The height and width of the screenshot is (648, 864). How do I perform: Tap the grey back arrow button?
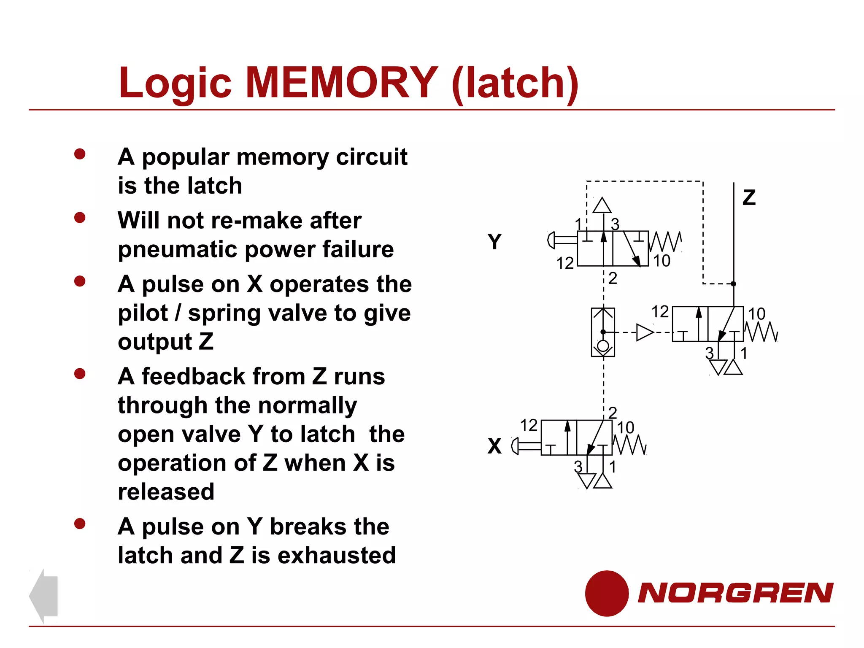pyautogui.click(x=44, y=595)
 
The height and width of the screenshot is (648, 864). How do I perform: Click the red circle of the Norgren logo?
pyautogui.click(x=607, y=593)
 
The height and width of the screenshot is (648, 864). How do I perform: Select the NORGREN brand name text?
pyautogui.click(x=735, y=593)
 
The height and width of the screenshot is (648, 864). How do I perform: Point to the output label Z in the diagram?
pyautogui.click(x=749, y=197)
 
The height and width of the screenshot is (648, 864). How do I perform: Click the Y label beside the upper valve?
pyautogui.click(x=494, y=242)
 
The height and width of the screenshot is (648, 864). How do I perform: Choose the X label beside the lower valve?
pyautogui.click(x=494, y=446)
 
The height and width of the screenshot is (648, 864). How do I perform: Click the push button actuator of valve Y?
pyautogui.click(x=561, y=240)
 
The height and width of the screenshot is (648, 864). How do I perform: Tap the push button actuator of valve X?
pyautogui.click(x=525, y=446)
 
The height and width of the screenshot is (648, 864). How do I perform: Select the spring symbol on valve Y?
pyautogui.click(x=665, y=241)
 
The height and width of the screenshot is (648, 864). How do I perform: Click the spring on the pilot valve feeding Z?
pyautogui.click(x=761, y=332)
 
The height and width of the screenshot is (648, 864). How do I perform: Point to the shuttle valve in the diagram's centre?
pyautogui.click(x=603, y=332)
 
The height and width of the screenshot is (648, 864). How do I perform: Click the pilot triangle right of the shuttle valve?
pyautogui.click(x=644, y=332)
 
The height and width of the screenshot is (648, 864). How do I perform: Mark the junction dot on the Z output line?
pyautogui.click(x=733, y=284)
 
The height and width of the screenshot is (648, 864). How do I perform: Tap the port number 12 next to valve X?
pyautogui.click(x=529, y=425)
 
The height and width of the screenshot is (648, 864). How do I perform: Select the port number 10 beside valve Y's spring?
pyautogui.click(x=661, y=261)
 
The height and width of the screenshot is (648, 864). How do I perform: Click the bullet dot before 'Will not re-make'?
pyautogui.click(x=80, y=218)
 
